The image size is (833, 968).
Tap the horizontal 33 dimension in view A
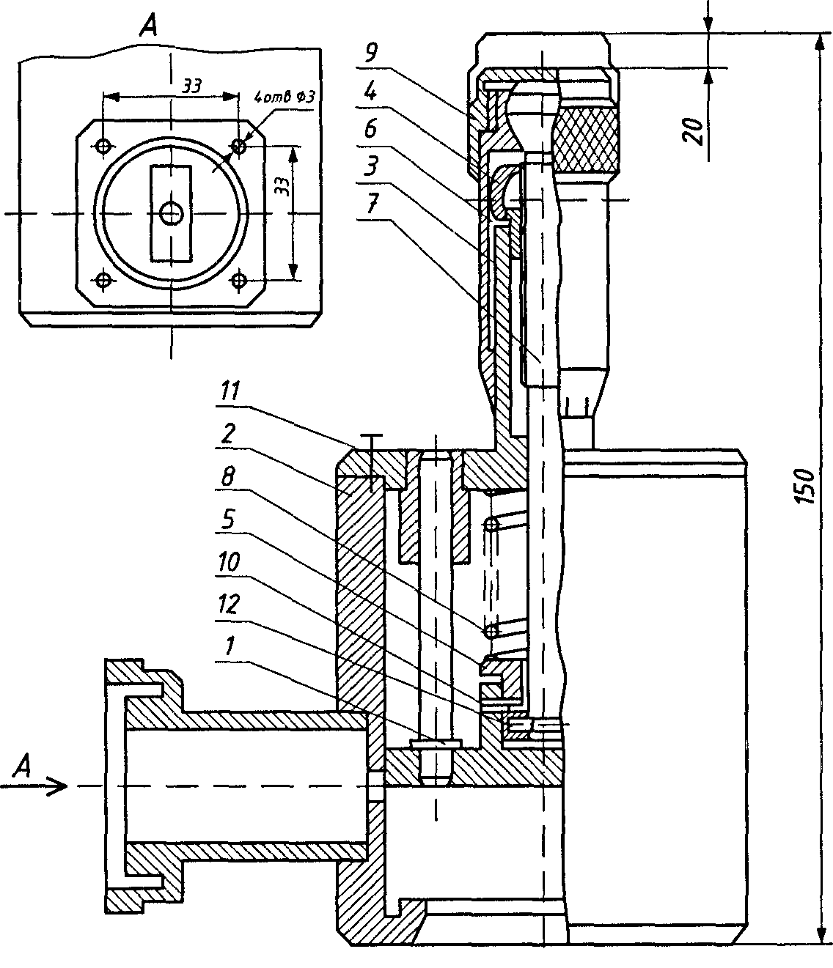(x=192, y=85)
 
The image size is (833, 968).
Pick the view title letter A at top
(x=149, y=26)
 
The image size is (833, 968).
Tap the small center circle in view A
(x=172, y=214)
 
